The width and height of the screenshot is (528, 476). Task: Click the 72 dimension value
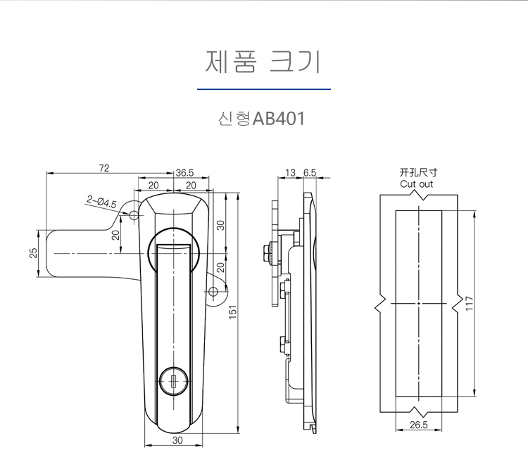click(x=103, y=167)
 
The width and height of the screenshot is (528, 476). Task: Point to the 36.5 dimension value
click(x=184, y=172)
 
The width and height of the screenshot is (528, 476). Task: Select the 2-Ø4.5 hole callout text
click(x=101, y=202)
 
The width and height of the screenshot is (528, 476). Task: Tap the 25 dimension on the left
click(x=33, y=253)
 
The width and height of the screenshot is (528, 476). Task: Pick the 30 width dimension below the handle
click(x=176, y=440)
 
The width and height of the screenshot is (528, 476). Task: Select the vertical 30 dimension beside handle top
click(x=220, y=225)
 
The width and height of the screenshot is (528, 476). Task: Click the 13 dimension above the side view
click(x=290, y=172)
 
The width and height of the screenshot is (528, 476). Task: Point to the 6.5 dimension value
click(x=310, y=172)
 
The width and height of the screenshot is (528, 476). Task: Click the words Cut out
click(x=417, y=184)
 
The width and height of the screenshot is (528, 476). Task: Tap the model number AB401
click(x=278, y=119)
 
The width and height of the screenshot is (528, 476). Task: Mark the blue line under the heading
click(x=263, y=90)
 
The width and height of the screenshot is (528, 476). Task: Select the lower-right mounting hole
click(x=215, y=292)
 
